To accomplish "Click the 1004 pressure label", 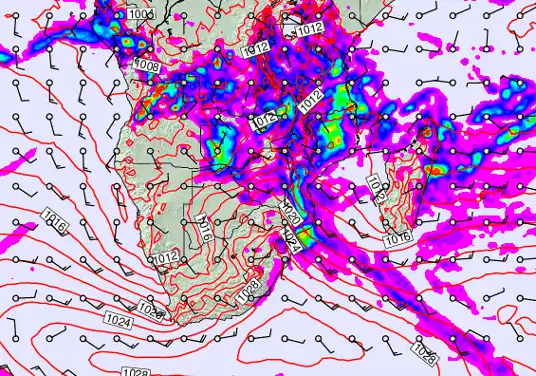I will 140,14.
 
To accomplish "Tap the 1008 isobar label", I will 147,65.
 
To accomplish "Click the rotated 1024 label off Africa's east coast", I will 291,240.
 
